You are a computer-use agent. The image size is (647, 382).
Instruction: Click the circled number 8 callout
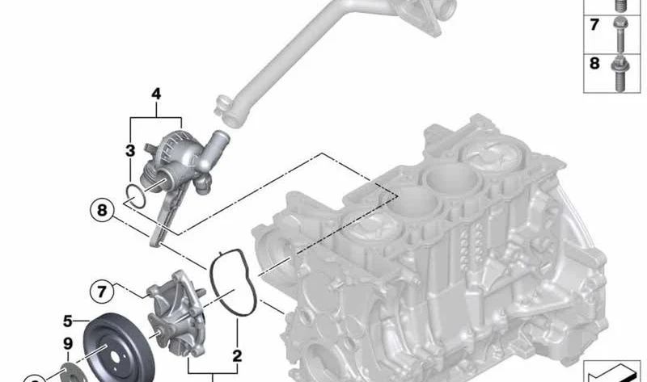(102, 210)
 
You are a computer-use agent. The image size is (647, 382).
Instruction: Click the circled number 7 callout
(102, 292)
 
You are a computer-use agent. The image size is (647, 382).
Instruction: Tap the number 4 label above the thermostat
(156, 94)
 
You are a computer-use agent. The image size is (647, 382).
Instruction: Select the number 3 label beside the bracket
(130, 151)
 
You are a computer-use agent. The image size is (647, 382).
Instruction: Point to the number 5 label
(68, 321)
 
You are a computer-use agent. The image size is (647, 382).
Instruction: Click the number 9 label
(68, 344)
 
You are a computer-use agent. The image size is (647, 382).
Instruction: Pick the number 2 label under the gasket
(237, 355)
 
